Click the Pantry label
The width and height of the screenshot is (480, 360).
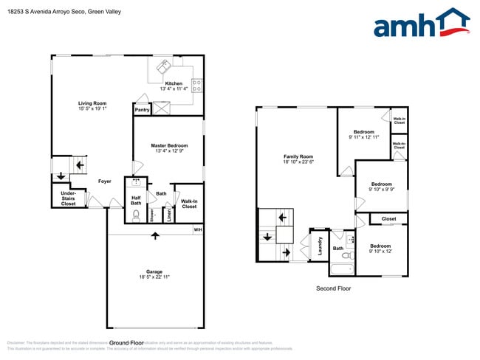click(142, 110)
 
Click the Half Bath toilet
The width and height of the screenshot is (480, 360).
click(136, 215)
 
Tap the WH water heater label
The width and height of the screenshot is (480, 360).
click(197, 230)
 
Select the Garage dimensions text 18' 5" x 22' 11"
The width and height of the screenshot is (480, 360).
click(155, 277)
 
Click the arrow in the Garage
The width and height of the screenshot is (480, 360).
click(155, 236)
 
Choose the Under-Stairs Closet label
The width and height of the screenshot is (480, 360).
click(68, 198)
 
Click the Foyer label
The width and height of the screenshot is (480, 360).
click(105, 181)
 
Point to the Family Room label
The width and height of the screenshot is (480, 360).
click(298, 156)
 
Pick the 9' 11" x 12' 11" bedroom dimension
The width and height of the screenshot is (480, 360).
click(363, 137)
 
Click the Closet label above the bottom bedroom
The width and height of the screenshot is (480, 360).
click(388, 219)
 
